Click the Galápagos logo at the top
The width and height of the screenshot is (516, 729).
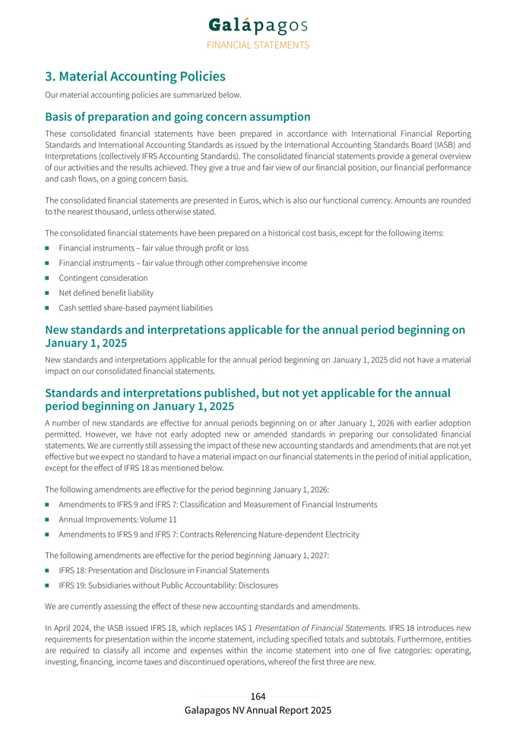pyautogui.click(x=258, y=26)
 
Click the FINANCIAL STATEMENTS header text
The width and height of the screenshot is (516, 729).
pyautogui.click(x=258, y=45)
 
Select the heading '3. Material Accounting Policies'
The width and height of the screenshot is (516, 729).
pyautogui.click(x=135, y=77)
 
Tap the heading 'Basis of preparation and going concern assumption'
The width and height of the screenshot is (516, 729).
pyautogui.click(x=177, y=117)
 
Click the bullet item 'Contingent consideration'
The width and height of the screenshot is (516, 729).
pyautogui.click(x=103, y=278)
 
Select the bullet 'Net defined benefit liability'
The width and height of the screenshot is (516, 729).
pyautogui.click(x=106, y=293)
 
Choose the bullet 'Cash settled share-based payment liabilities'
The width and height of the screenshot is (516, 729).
pyautogui.click(x=135, y=308)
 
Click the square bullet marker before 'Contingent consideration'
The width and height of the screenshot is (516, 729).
pyautogui.click(x=48, y=278)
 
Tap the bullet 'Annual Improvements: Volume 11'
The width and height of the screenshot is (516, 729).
pyautogui.click(x=117, y=519)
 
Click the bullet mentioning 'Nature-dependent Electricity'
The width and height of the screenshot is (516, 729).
pyautogui.click(x=209, y=535)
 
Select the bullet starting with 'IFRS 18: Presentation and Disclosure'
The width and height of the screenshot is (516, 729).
pyautogui.click(x=163, y=570)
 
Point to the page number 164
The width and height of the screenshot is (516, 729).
pyautogui.click(x=258, y=696)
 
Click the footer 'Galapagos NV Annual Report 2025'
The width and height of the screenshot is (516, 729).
pyautogui.click(x=258, y=710)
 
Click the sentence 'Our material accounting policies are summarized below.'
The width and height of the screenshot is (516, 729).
pyautogui.click(x=143, y=95)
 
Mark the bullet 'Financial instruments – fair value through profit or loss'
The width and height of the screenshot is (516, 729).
pyautogui.click(x=154, y=248)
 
